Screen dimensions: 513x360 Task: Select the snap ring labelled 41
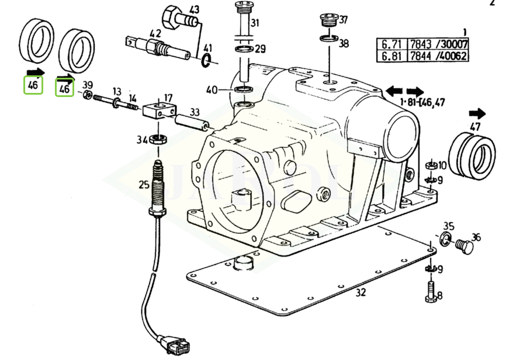pyautogui.click(x=206, y=60)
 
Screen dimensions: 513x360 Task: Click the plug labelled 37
pyautogui.click(x=328, y=20)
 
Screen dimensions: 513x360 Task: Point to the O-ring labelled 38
pyautogui.click(x=329, y=39)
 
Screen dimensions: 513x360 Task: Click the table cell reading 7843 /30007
pyautogui.click(x=438, y=44)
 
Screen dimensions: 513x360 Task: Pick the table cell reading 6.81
pyautogui.click(x=391, y=56)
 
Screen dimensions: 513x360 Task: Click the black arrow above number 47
pyautogui.click(x=477, y=113)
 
